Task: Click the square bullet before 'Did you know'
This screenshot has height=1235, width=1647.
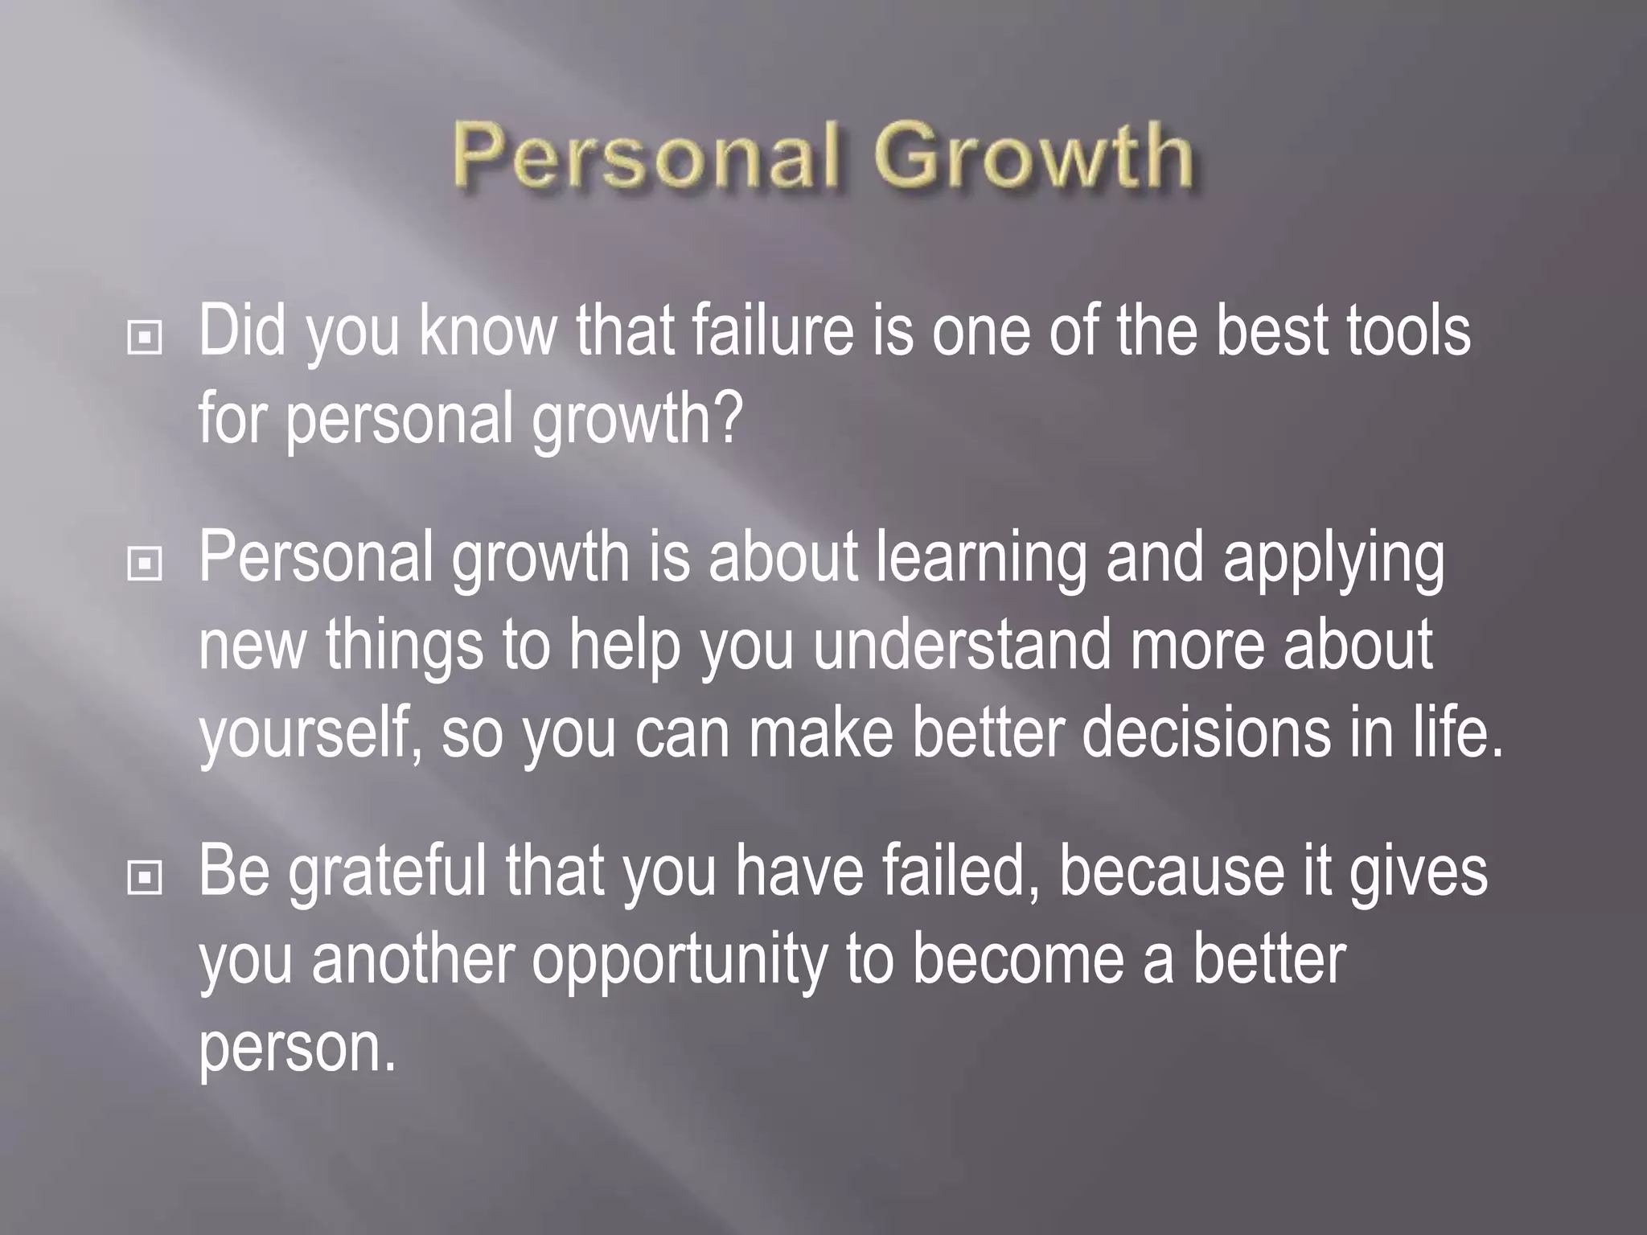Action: pos(145,338)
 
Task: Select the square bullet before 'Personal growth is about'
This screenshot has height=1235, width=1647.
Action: pos(145,564)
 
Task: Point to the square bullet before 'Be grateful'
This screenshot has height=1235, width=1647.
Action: pos(145,878)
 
